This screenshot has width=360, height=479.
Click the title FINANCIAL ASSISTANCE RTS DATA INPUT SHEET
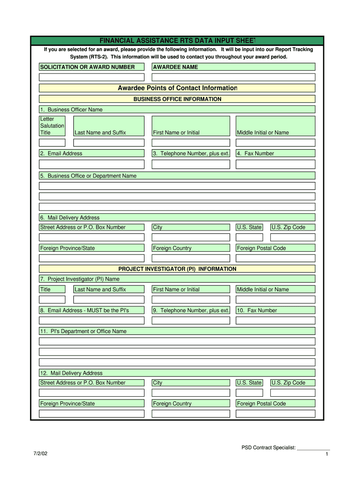pos(177,40)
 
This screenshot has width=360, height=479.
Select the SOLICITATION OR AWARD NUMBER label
pos(87,67)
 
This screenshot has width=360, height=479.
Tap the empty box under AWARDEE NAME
pos(233,77)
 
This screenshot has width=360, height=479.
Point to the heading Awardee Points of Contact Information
pos(177,88)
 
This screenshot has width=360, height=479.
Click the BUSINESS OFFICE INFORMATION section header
pos(177,99)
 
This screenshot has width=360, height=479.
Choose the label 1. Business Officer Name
pos(71,109)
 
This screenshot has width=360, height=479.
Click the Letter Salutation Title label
pos(52,126)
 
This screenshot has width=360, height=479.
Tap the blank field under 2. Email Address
pos(91,164)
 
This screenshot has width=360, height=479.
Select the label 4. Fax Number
pos(255,153)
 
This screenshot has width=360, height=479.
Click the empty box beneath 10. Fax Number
pos(275,321)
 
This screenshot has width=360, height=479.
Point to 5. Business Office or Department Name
pos(88,176)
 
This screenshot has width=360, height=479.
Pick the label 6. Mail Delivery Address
pos(70,218)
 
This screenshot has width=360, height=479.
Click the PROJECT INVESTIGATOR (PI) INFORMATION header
pos(177,269)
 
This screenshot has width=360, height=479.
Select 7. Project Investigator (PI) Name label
pos(80,279)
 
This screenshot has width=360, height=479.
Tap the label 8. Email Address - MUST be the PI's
pos(85,310)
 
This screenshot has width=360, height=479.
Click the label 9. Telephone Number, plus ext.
pos(191,310)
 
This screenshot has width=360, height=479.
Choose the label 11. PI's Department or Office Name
pos(83,331)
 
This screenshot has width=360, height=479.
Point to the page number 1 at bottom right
pos(326,454)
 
